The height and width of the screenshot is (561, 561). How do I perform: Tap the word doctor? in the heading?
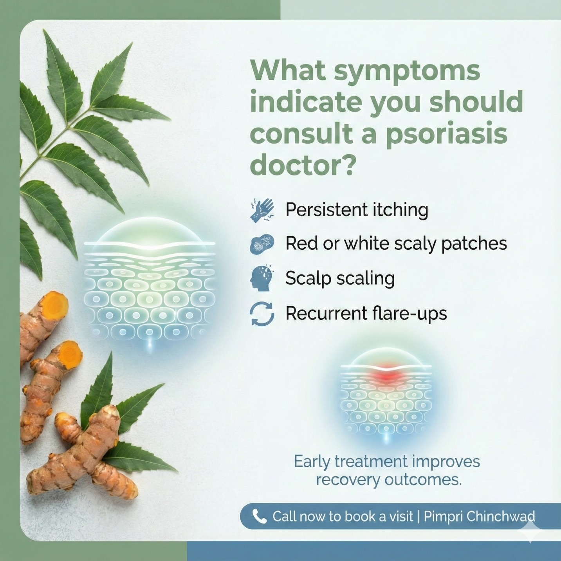(x=303, y=166)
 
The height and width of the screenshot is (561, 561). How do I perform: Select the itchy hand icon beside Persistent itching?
(x=262, y=211)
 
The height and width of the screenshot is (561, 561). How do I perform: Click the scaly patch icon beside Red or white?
(x=262, y=244)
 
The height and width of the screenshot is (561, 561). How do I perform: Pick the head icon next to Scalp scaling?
(x=261, y=278)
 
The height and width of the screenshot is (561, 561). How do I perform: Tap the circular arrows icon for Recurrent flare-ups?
(x=262, y=314)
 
